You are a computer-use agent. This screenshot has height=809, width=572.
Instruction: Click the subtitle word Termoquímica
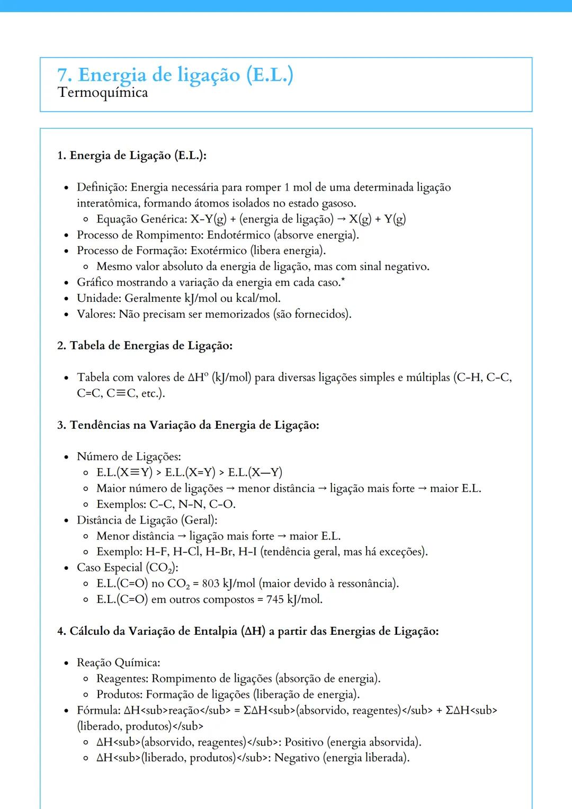point(103,93)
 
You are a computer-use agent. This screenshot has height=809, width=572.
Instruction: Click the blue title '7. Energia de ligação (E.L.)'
point(175,75)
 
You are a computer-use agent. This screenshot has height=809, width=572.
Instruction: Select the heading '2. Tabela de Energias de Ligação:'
point(145,346)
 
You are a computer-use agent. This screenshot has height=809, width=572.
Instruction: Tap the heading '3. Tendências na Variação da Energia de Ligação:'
point(188,425)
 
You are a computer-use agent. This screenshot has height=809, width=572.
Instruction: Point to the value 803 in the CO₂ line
point(210,583)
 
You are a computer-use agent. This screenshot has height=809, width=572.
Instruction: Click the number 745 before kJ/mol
point(275,599)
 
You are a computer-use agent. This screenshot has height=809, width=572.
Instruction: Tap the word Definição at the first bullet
point(102,187)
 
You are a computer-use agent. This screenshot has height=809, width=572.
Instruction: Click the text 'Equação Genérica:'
point(141,219)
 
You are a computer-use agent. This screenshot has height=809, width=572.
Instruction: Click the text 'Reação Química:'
point(119,663)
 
